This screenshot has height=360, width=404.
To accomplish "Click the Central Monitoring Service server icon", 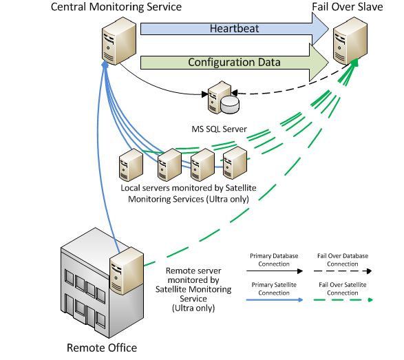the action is (x=119, y=41).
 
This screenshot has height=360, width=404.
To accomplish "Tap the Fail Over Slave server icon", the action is (x=350, y=41).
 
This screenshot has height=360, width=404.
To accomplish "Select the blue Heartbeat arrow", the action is (x=235, y=29).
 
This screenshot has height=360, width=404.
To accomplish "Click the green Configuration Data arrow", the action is (x=235, y=63).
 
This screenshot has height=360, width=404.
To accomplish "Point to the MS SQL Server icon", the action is (x=224, y=98).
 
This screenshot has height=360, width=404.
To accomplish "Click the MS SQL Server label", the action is (x=220, y=129).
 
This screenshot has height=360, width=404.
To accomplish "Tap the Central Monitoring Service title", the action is (x=116, y=7).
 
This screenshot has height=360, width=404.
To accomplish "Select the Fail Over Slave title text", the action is (x=348, y=7).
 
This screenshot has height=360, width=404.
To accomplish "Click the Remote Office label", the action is (x=102, y=348).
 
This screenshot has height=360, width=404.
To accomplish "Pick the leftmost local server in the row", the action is (x=131, y=165).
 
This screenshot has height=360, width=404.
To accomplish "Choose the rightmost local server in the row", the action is (x=235, y=162).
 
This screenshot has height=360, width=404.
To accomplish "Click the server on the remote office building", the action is (x=127, y=271).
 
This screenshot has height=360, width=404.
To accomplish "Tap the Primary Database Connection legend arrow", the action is (x=275, y=271).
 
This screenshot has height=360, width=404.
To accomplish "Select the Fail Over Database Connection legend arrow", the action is (x=343, y=271).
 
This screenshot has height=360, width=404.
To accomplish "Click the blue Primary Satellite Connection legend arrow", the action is (x=275, y=300).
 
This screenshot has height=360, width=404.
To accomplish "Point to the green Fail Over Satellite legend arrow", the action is (x=343, y=300).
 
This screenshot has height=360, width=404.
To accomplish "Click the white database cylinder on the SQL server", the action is (x=230, y=105).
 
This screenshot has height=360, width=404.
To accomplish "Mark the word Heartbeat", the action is (x=234, y=29).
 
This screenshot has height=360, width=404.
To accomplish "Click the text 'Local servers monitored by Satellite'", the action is (x=189, y=188).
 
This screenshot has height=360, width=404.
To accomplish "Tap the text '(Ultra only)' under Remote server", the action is (x=193, y=308).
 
